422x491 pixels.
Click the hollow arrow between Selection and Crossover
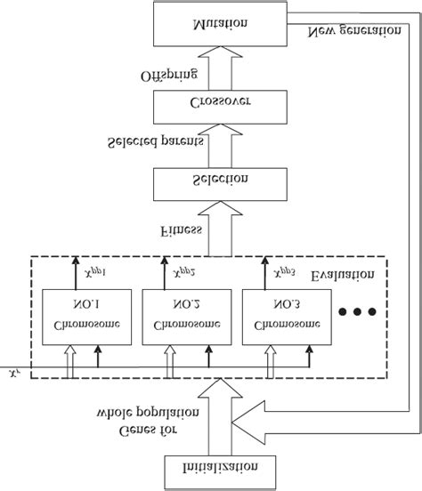209,145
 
